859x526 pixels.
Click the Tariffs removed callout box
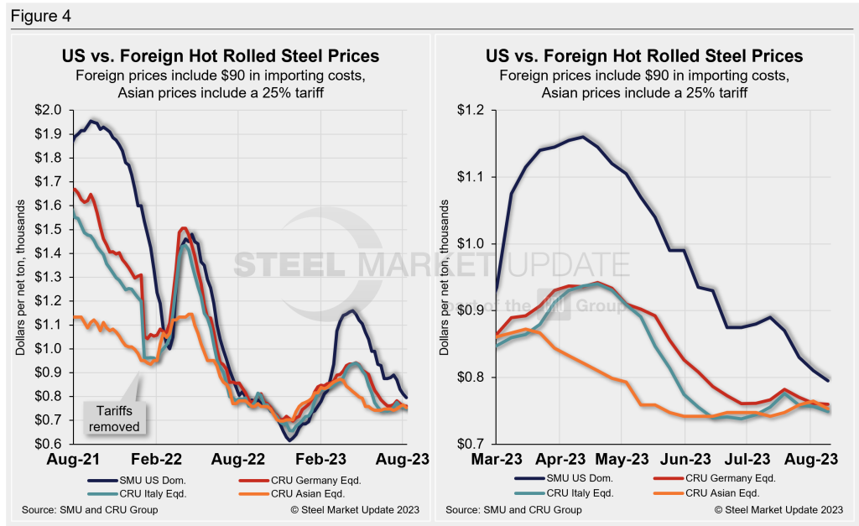point(117,418)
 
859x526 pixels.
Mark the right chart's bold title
point(644,56)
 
